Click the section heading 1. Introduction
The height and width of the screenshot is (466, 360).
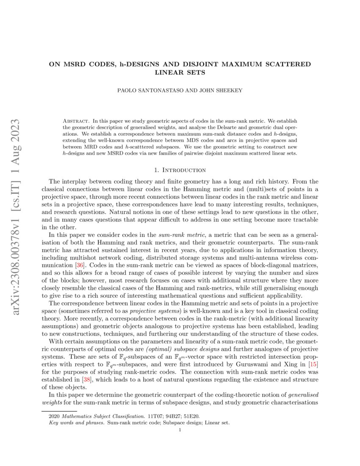pyautogui.click(x=180, y=170)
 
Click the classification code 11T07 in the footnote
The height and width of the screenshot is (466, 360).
pyautogui.click(x=153, y=416)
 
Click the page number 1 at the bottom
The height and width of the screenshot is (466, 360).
pyautogui.click(x=180, y=430)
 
